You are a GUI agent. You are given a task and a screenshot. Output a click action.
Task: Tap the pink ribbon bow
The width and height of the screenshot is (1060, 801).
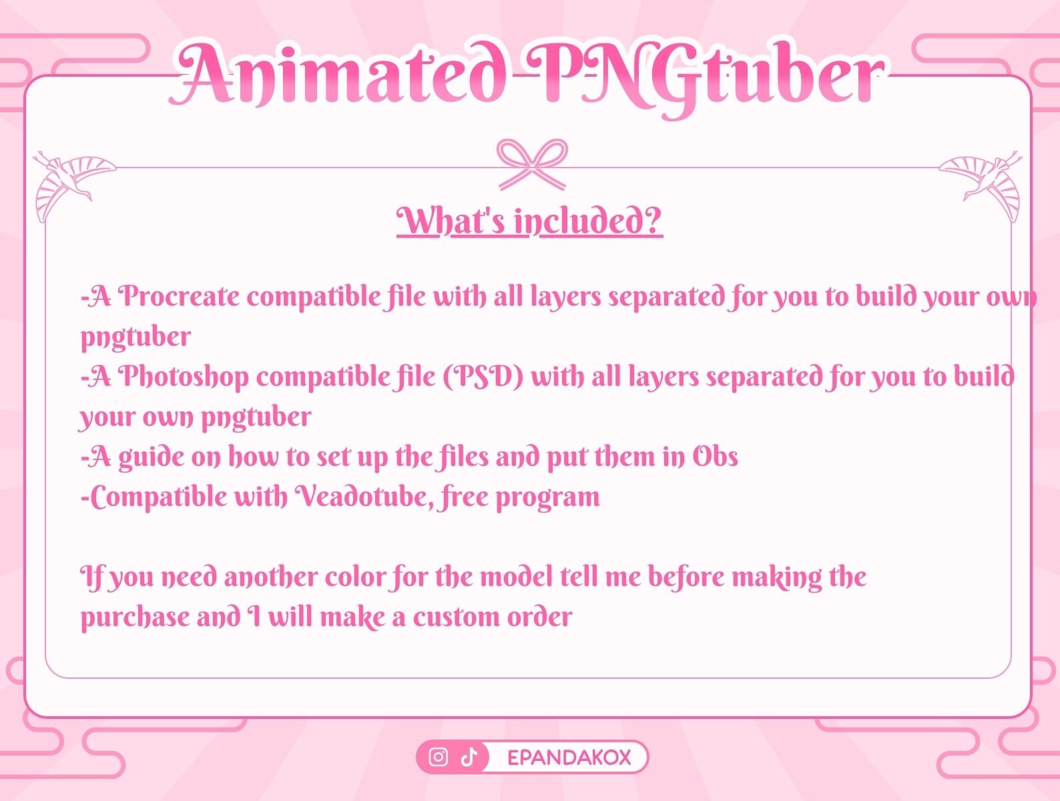532,163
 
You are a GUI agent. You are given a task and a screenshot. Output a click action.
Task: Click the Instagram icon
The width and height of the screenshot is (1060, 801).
438,758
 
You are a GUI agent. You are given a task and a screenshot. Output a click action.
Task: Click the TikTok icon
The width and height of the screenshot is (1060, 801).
469,758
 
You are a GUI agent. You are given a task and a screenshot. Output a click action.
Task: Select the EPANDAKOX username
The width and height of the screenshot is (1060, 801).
569,758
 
